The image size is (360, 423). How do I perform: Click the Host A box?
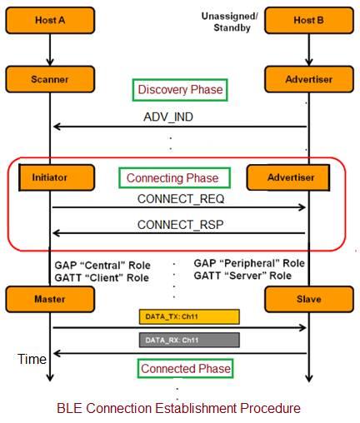point(51,19)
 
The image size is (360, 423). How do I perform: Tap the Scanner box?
point(51,79)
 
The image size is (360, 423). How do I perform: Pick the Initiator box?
point(51,177)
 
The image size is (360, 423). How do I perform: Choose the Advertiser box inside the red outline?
point(288,177)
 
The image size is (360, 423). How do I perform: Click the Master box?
point(51,299)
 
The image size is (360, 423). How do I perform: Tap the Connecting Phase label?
point(172,177)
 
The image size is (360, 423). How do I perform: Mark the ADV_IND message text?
point(167,117)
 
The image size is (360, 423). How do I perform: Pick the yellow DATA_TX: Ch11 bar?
point(189,316)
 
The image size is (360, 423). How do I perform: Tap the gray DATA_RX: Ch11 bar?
point(189,340)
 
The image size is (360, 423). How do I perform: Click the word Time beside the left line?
point(31,359)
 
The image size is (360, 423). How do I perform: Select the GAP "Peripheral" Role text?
point(249,263)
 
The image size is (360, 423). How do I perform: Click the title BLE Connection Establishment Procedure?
point(178,408)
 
